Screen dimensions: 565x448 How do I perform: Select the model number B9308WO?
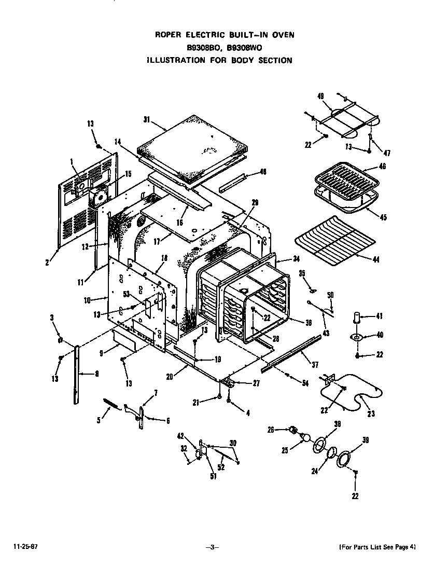243,47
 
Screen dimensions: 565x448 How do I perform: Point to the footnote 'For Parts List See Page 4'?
377,547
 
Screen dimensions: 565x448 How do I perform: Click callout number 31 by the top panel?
146,119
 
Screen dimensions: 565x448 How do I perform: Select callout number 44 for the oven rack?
376,259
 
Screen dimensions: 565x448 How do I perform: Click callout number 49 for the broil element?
320,96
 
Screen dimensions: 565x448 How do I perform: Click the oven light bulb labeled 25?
306,438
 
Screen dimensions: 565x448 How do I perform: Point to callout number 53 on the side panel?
125,295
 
